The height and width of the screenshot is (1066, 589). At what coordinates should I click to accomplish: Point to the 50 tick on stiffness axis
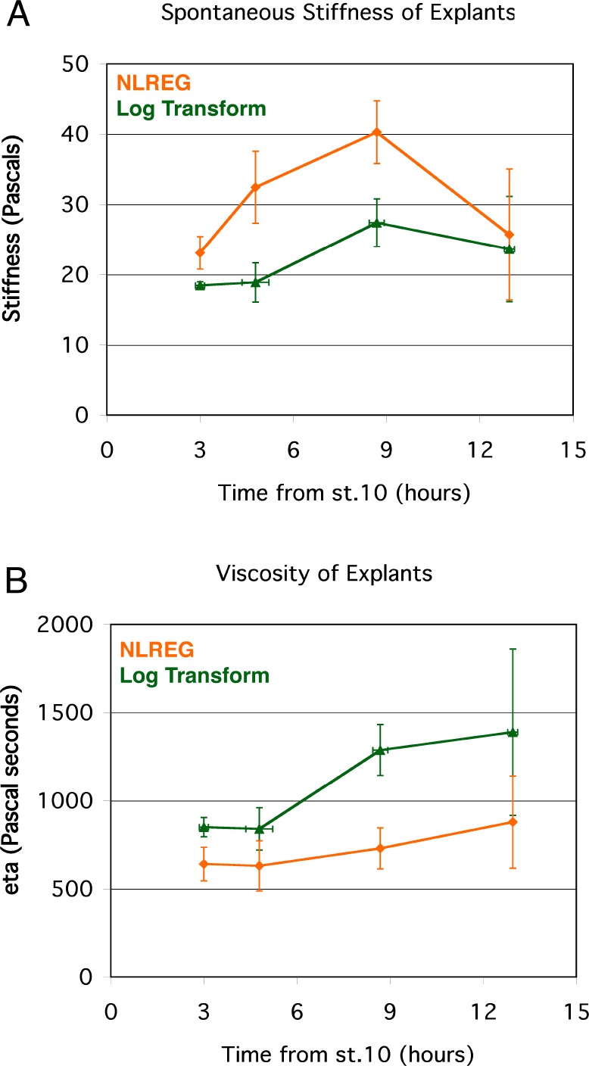tap(79, 64)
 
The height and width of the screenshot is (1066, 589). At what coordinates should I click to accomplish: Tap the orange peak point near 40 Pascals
tap(376, 132)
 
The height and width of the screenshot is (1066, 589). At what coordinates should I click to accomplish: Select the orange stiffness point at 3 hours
tap(200, 253)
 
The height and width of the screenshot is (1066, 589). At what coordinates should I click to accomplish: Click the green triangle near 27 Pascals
tap(376, 223)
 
